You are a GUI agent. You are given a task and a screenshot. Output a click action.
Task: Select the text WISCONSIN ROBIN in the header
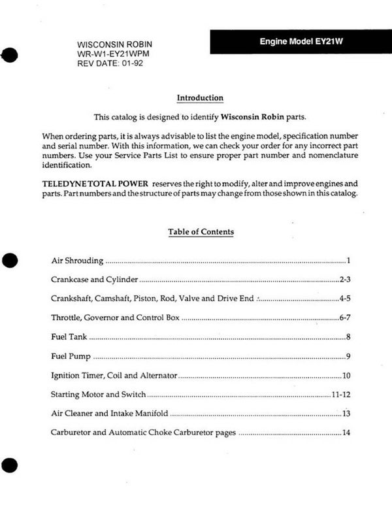[115, 44]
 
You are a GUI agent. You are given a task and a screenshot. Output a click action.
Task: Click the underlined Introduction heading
[200, 98]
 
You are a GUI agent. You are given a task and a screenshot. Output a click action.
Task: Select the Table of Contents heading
[201, 231]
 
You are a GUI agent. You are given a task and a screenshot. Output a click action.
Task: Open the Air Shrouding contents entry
[77, 261]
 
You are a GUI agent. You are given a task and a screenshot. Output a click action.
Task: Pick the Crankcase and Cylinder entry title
[94, 280]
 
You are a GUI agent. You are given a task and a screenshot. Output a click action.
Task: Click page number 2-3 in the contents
[346, 280]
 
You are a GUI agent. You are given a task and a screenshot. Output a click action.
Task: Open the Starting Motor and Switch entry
[98, 395]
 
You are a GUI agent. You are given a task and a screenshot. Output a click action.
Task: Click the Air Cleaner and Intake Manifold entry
[109, 414]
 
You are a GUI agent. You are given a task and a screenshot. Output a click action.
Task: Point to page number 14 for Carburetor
[346, 433]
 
